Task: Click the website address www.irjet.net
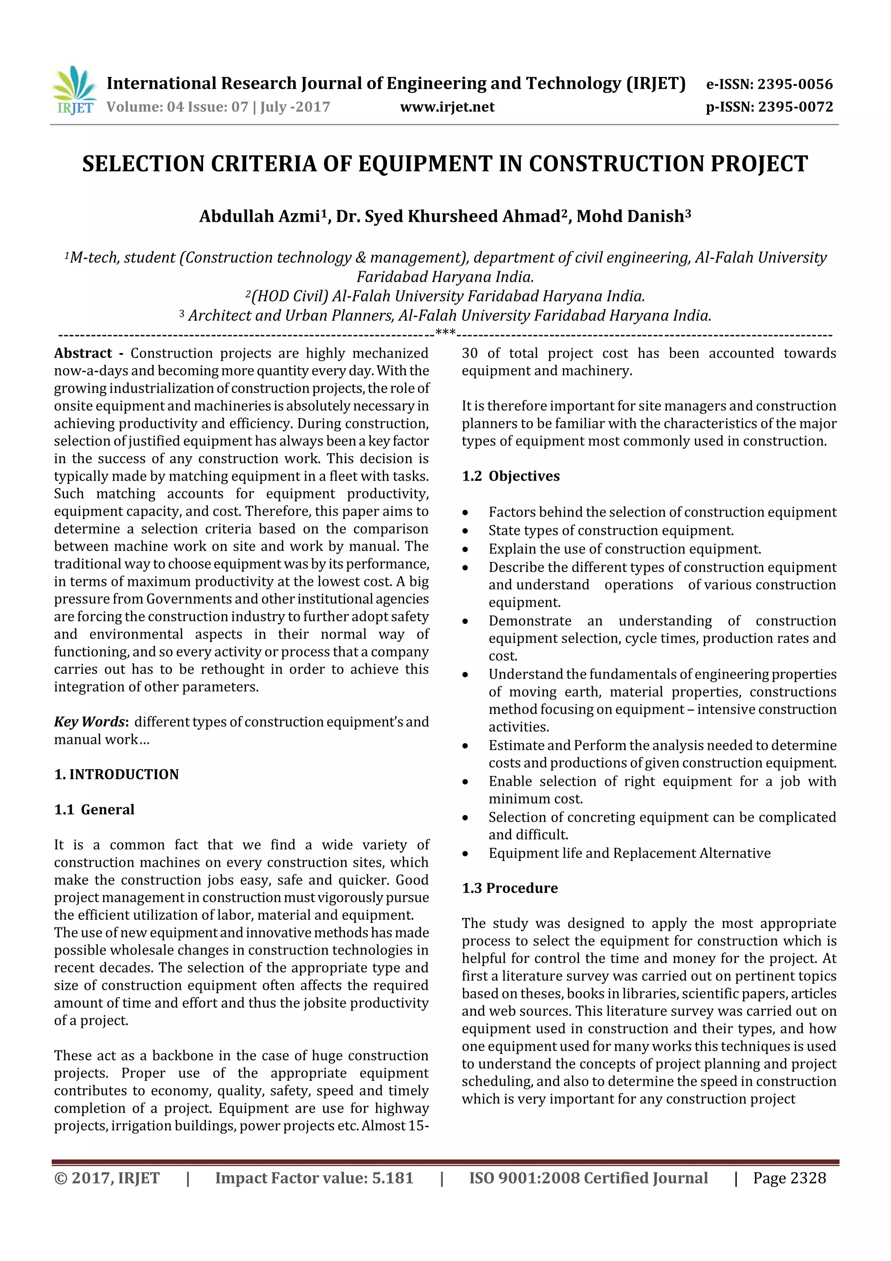[447, 107]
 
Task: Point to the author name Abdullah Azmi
[259, 216]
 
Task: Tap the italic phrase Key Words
[90, 722]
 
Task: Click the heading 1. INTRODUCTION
[117, 774]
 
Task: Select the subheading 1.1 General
[94, 810]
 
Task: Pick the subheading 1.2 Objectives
[511, 476]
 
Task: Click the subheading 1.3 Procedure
[509, 888]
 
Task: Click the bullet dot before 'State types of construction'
[466, 531]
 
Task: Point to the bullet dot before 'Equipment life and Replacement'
[466, 854]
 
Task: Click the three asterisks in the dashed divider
[445, 332]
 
